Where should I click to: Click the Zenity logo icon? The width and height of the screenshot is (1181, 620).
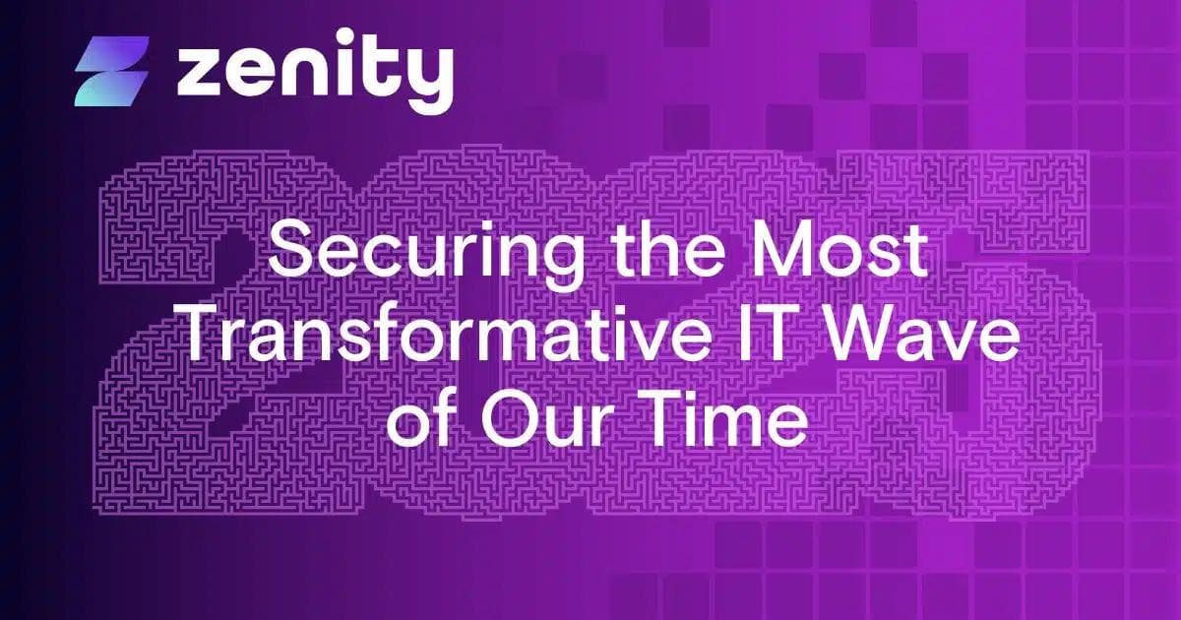pyautogui.click(x=111, y=72)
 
